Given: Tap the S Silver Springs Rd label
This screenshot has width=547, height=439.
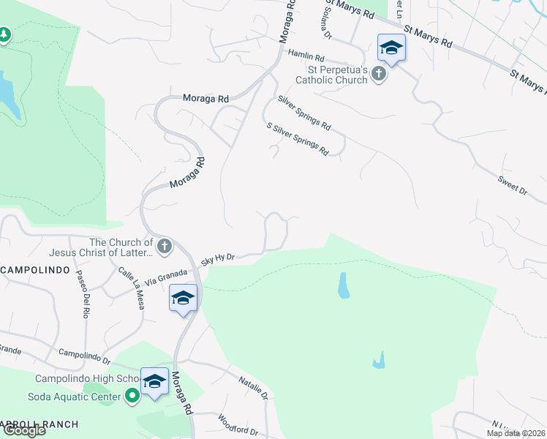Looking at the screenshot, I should click(298, 138).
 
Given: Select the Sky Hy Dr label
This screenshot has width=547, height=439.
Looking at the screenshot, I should click(218, 258).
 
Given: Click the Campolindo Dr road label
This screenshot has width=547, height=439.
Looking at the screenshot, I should click(84, 356).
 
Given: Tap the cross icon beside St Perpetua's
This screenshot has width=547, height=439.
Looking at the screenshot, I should click(378, 74).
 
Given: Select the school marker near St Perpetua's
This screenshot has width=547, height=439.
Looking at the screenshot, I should click(391, 48).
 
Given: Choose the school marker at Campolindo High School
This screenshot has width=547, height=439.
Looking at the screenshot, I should click(154, 381).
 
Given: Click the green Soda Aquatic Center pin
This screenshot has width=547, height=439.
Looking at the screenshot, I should click(132, 397).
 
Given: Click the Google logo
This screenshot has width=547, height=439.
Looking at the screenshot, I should click(23, 429).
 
